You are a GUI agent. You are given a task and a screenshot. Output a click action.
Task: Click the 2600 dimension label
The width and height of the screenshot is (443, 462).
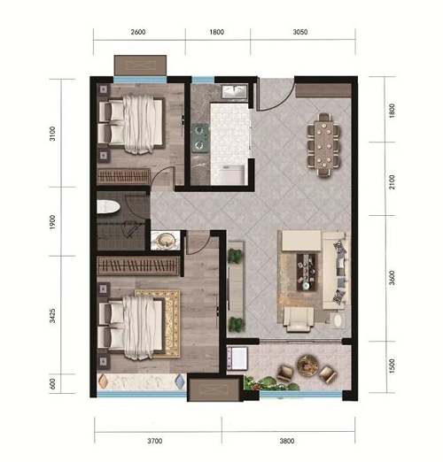click(x=138, y=32)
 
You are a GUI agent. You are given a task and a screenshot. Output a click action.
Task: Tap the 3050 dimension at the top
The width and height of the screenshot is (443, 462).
click(x=300, y=32)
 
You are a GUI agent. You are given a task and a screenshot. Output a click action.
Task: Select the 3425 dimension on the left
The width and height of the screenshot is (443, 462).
click(x=52, y=316)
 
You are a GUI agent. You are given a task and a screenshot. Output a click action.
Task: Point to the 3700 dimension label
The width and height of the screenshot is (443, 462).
click(x=155, y=441)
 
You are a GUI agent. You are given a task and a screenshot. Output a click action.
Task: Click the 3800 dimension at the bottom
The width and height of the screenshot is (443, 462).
click(x=287, y=441)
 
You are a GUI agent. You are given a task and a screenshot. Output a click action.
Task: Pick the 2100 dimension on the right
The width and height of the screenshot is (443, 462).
click(x=392, y=182)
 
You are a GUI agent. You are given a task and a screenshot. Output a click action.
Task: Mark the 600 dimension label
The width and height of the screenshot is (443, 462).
click(x=52, y=384)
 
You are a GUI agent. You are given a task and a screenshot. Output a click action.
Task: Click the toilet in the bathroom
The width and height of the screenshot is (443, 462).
click(x=108, y=206)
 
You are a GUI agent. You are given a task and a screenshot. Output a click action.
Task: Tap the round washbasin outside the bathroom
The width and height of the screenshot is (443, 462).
click(x=165, y=240)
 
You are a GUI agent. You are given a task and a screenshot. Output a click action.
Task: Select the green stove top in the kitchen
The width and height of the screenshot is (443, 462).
click(x=200, y=138)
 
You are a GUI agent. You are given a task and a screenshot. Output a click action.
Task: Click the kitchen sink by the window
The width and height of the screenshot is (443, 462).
click(x=235, y=90)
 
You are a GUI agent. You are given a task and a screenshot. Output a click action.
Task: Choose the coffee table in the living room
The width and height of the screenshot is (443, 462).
click(x=307, y=272)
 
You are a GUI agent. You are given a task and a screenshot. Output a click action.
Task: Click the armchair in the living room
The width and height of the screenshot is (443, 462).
click(x=299, y=320)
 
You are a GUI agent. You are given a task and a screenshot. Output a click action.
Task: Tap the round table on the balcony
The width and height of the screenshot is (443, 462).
click(x=307, y=366)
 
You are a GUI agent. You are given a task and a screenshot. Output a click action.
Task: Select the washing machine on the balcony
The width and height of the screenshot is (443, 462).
click(x=237, y=358)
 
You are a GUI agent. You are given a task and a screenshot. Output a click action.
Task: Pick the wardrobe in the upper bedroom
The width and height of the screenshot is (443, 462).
click(x=123, y=176)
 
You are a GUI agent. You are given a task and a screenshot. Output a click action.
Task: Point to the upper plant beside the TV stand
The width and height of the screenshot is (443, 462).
click(x=236, y=256)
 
